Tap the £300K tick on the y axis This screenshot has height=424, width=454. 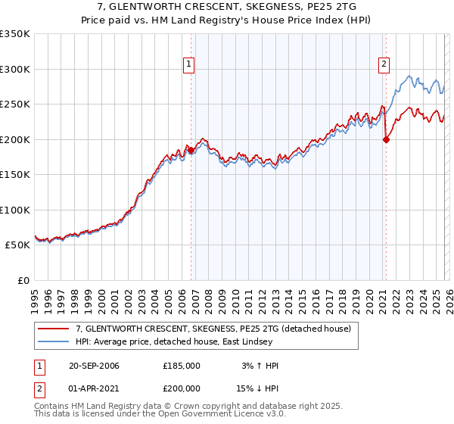15,69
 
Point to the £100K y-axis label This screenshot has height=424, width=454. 15,210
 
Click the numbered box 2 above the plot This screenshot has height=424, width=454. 384,64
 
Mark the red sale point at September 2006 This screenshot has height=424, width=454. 191,151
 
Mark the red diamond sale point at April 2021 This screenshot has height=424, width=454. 386,139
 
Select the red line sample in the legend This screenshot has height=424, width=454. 53,329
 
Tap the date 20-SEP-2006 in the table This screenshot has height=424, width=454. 94,366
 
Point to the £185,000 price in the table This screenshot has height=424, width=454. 182,366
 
